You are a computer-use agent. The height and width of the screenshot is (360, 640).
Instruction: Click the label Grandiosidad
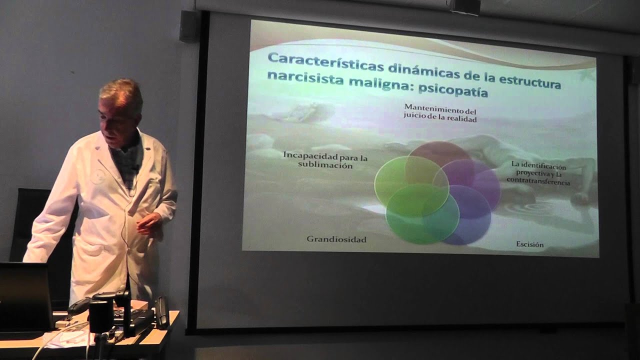(336, 239)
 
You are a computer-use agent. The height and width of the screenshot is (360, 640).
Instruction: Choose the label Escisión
(529, 244)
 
